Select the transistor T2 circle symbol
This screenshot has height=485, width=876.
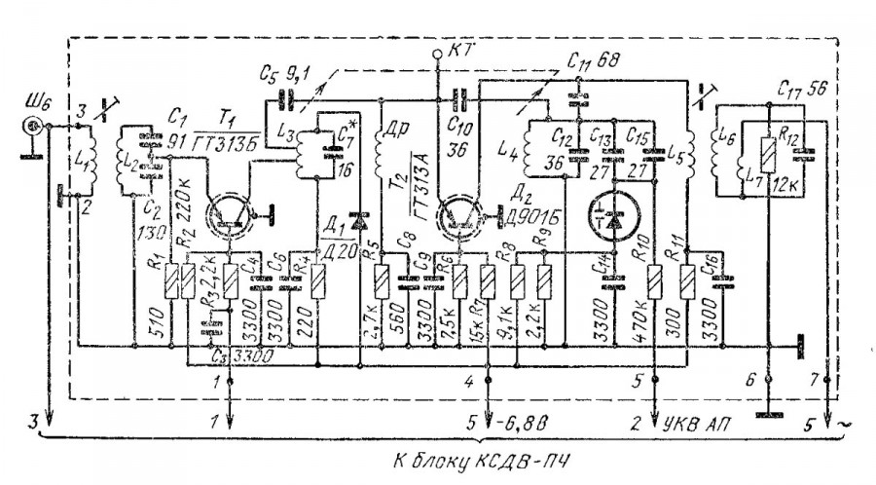(x=457, y=214)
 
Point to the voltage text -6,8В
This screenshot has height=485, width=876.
(x=529, y=423)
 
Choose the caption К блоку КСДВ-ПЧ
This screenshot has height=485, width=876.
(x=441, y=461)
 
